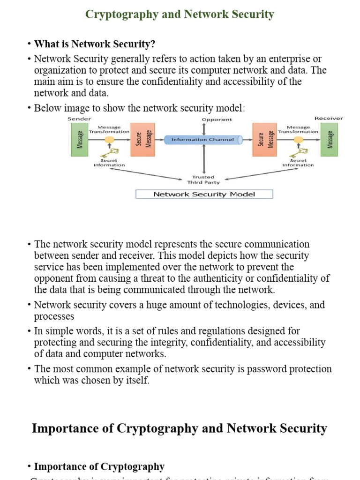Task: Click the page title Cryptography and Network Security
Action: tap(180, 15)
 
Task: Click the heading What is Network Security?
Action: tap(94, 44)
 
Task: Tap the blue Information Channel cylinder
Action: tap(203, 140)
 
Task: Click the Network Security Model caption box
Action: tap(204, 194)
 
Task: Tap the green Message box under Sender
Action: tap(79, 140)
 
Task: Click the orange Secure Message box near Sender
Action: tap(140, 140)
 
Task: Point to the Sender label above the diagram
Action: tap(79, 119)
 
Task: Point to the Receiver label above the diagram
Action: tap(329, 119)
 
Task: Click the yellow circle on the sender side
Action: tap(109, 140)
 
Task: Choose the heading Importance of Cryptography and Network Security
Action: tap(180, 428)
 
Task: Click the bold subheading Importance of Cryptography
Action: tap(99, 467)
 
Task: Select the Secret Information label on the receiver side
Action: tap(298, 163)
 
